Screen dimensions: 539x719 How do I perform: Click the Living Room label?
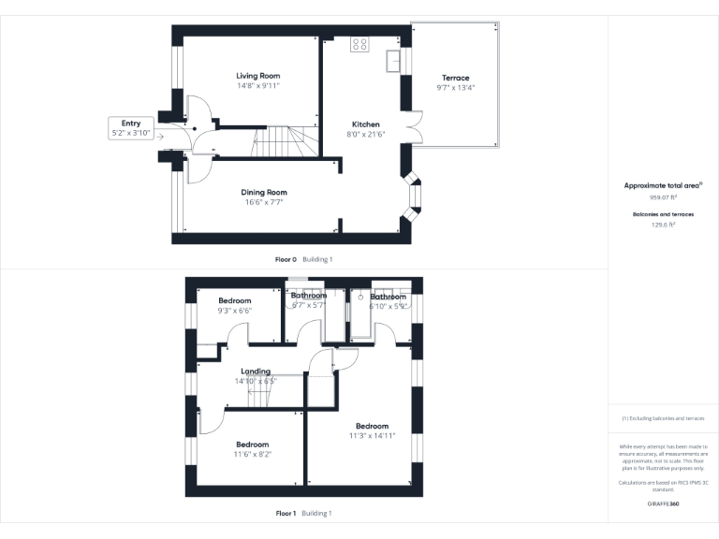pos(257,76)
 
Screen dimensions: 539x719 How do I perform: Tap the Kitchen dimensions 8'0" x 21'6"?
pos(365,135)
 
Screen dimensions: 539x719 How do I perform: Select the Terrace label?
pos(456,78)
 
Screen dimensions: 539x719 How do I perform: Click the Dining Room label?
pos(263,192)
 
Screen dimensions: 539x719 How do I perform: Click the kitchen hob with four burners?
pos(360,44)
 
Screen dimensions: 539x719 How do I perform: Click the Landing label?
pos(256,371)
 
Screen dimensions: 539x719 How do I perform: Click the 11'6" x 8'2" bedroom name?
pos(252,444)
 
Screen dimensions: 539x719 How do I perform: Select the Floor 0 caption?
pos(286,259)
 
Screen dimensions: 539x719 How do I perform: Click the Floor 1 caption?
pos(286,513)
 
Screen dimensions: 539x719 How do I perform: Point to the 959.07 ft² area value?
pos(663,197)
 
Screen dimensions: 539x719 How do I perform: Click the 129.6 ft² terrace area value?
pos(663,225)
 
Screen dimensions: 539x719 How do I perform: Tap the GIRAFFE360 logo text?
pos(663,503)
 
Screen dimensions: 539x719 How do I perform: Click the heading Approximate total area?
pos(662,186)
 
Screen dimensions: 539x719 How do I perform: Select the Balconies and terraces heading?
pos(663,214)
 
